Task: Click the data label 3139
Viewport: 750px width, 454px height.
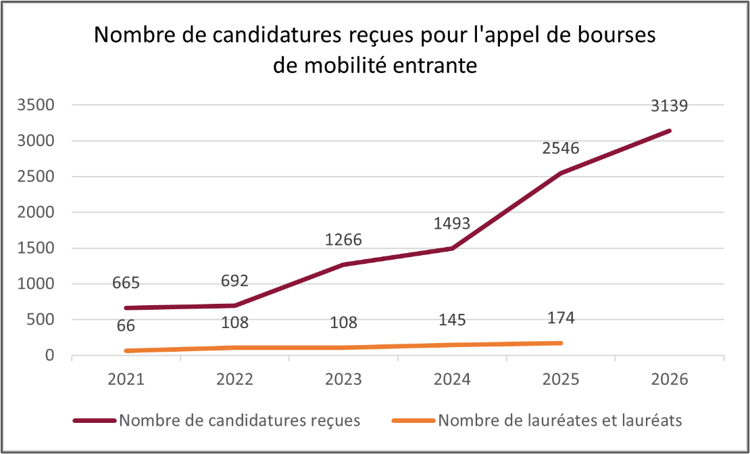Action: pyautogui.click(x=670, y=106)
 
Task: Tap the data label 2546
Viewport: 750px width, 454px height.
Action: pyautogui.click(x=561, y=148)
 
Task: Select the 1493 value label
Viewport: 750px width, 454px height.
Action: pyautogui.click(x=452, y=223)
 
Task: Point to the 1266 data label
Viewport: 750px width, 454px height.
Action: pyautogui.click(x=343, y=240)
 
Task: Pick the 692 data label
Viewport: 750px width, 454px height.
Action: pyautogui.click(x=234, y=280)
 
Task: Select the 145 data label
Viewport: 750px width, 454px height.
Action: pyautogui.click(x=452, y=319)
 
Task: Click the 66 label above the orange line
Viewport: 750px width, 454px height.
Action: pyautogui.click(x=126, y=325)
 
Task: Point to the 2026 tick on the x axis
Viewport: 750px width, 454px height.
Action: pyautogui.click(x=670, y=379)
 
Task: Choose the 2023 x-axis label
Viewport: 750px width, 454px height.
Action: pyautogui.click(x=343, y=379)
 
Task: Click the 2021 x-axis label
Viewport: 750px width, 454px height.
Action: pyautogui.click(x=126, y=379)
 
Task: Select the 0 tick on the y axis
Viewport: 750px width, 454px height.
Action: pyautogui.click(x=49, y=355)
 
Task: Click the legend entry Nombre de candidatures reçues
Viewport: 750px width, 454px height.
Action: pyautogui.click(x=239, y=420)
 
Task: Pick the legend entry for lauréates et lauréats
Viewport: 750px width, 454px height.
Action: pyautogui.click(x=560, y=420)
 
